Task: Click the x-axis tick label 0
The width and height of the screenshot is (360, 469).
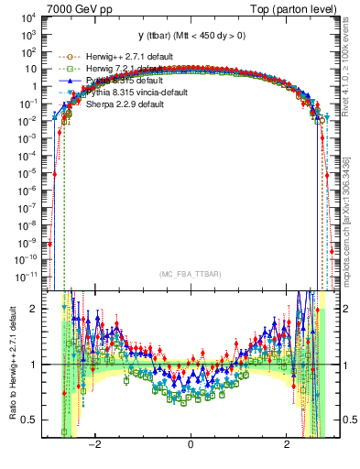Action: (191, 445)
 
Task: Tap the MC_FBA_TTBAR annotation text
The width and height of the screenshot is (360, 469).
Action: (190, 275)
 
